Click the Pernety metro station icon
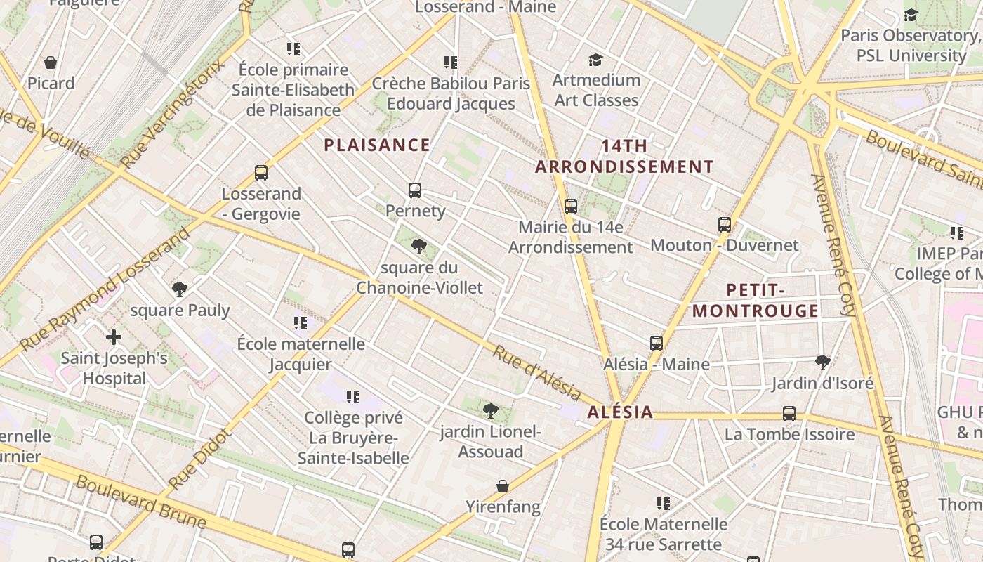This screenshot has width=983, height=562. (x=415, y=190)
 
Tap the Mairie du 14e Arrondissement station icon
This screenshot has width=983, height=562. (x=571, y=207)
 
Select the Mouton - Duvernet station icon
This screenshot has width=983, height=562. (x=725, y=225)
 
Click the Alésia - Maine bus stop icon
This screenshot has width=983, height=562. (x=657, y=344)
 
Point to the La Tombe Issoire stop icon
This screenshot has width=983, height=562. (x=789, y=414)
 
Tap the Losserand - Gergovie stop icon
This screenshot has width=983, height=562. (x=261, y=173)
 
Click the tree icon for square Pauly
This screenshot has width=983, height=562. (x=180, y=289)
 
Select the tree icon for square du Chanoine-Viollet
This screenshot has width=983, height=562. (x=419, y=247)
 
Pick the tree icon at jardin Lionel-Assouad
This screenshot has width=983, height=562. (x=491, y=410)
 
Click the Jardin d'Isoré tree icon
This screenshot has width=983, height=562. (x=823, y=362)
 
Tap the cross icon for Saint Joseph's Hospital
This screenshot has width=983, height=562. (x=114, y=337)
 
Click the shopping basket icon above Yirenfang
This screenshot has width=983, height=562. (x=503, y=486)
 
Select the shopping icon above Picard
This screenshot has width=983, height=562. (x=51, y=63)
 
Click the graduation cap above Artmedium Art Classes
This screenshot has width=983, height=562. (x=596, y=60)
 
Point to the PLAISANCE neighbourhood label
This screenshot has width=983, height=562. (x=377, y=145)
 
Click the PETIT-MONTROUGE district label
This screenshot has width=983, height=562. (x=756, y=301)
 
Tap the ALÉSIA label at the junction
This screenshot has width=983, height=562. (x=620, y=412)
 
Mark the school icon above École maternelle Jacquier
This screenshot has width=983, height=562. (x=301, y=323)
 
